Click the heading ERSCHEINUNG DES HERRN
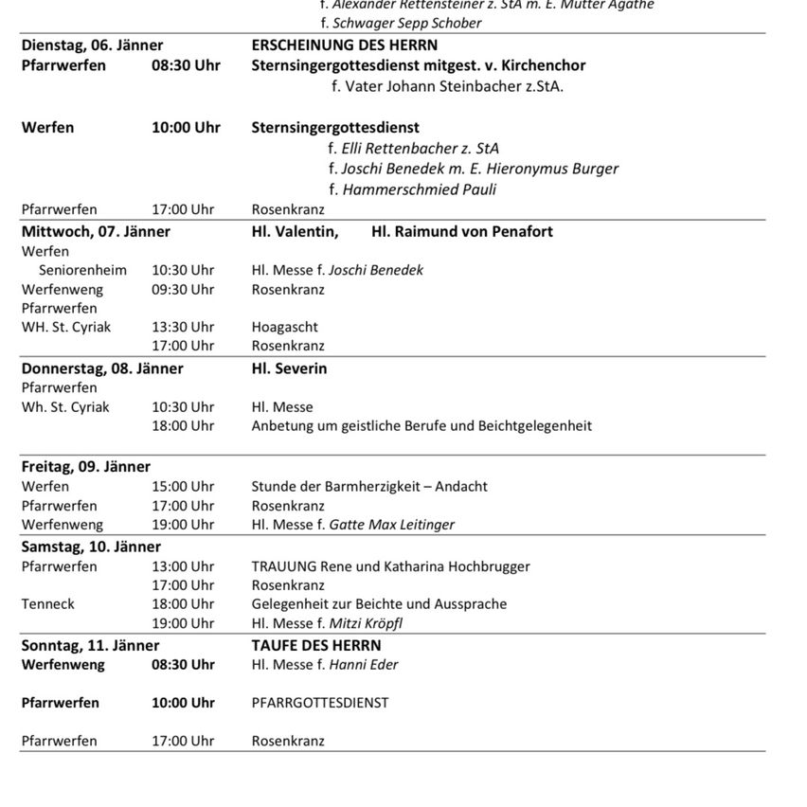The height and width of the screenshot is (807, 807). (344, 45)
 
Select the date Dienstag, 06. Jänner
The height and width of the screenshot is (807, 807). (92, 45)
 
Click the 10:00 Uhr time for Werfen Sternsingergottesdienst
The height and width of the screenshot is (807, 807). (186, 128)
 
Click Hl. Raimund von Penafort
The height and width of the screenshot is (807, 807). (462, 232)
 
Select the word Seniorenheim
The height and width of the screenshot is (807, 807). (82, 271)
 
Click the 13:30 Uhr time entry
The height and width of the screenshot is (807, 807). (183, 328)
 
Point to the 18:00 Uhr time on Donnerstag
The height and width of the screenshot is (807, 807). (183, 426)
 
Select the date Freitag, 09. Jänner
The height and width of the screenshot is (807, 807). (86, 467)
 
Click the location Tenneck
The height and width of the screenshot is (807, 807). (48, 604)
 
